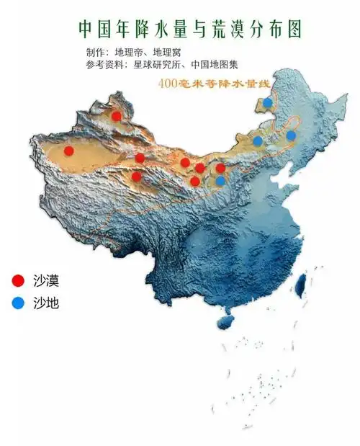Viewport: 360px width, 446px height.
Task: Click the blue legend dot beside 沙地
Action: click(18, 303)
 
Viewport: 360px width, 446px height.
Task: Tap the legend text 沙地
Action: click(46, 303)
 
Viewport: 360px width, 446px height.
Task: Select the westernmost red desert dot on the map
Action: click(69, 151)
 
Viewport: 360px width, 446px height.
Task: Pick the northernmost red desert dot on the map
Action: click(116, 115)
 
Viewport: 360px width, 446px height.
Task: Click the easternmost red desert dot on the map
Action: click(220, 168)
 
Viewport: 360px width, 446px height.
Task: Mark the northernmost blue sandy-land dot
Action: click(268, 102)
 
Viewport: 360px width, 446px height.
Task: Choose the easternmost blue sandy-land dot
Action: click(291, 135)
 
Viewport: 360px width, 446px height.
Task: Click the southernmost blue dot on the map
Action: click(220, 181)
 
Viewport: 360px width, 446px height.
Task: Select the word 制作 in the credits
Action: click(94, 53)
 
